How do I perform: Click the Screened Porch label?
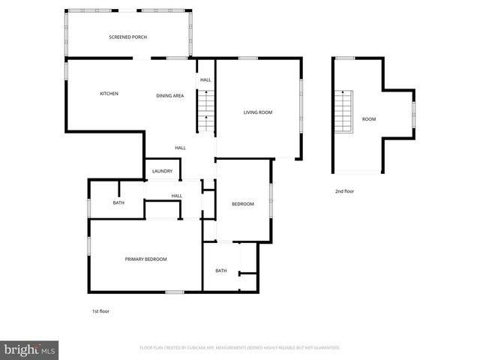pyautogui.click(x=127, y=37)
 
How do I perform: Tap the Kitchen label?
pyautogui.click(x=109, y=94)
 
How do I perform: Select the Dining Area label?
pyautogui.click(x=170, y=96)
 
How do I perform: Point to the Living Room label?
pyautogui.click(x=257, y=112)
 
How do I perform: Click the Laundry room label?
pyautogui.click(x=163, y=172)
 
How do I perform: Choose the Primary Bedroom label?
pyautogui.click(x=145, y=259)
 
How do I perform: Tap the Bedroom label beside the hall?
pyautogui.click(x=243, y=205)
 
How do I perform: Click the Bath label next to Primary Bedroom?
pyautogui.click(x=221, y=271)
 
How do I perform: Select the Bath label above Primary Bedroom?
pyautogui.click(x=118, y=203)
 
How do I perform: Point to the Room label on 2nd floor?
pyautogui.click(x=369, y=119)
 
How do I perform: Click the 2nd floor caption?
pyautogui.click(x=345, y=191)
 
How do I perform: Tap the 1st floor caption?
pyautogui.click(x=100, y=310)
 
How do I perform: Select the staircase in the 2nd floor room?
pyautogui.click(x=343, y=111)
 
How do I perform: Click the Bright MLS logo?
pyautogui.click(x=30, y=349)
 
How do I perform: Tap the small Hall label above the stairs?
pyautogui.click(x=205, y=79)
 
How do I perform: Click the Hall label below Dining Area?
pyautogui.click(x=181, y=148)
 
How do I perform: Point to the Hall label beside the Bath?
pyautogui.click(x=177, y=196)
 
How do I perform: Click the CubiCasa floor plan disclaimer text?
pyautogui.click(x=240, y=348)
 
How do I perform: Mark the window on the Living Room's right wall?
pyautogui.click(x=302, y=97)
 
